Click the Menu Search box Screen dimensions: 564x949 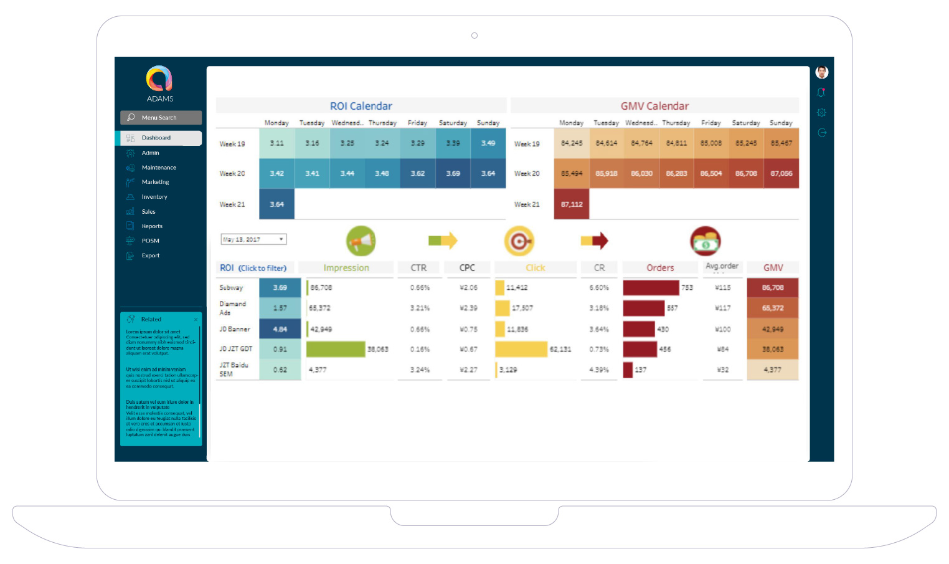coord(161,118)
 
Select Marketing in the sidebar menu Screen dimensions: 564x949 coord(155,182)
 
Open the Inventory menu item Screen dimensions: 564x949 coord(154,197)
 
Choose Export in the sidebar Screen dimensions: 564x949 coord(150,256)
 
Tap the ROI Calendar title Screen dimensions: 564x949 coord(361,106)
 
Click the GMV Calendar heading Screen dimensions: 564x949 coord(654,106)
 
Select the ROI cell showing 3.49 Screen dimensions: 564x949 coord(488,143)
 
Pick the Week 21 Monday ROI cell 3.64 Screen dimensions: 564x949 coord(276,204)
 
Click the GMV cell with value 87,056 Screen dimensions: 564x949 coord(781,173)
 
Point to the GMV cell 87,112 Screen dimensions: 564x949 coord(572,204)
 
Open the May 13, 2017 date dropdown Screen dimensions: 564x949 coord(253,239)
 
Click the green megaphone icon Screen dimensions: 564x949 coord(361,241)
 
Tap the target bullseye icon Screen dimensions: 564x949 coord(519,241)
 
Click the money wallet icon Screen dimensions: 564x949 coord(706,241)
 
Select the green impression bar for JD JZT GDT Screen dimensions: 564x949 coord(336,349)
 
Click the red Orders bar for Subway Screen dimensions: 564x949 coord(651,287)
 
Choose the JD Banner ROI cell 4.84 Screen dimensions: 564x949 coord(280,329)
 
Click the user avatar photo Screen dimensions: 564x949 coord(822,72)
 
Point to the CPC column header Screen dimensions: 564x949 coord(467,268)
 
